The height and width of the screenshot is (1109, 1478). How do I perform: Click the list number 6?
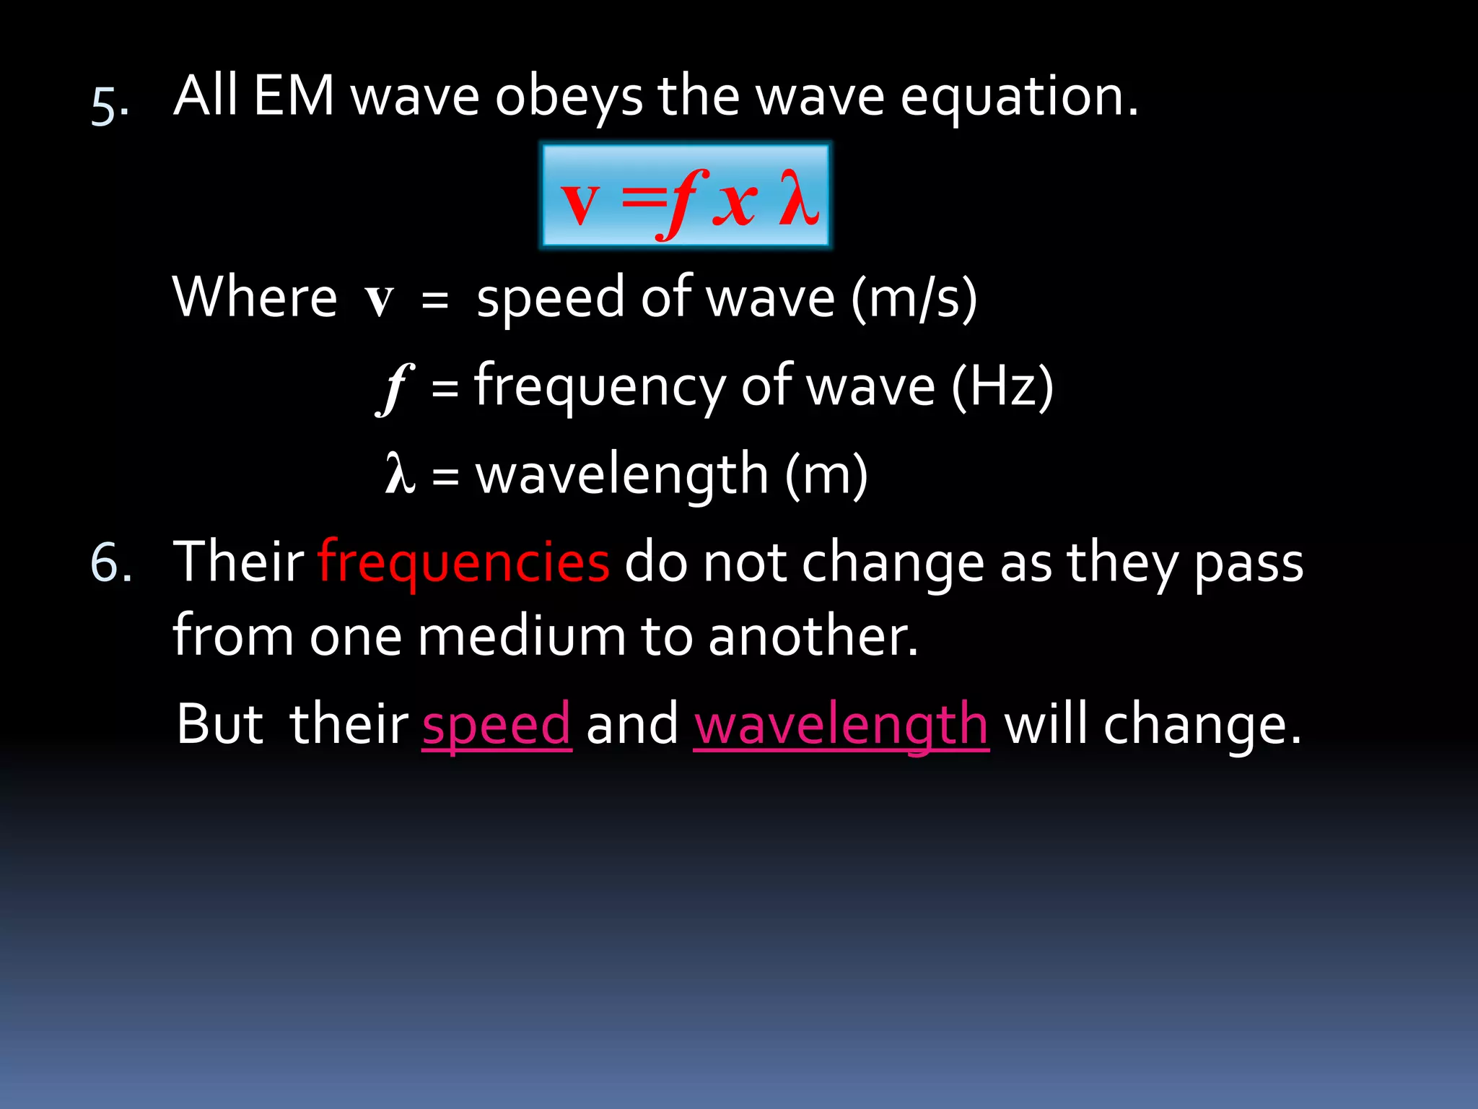tap(110, 562)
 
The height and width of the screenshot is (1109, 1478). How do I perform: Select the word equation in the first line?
tap(1018, 98)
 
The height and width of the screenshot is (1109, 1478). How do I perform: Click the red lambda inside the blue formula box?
tap(799, 197)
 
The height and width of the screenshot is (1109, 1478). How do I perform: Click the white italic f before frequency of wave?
tap(395, 388)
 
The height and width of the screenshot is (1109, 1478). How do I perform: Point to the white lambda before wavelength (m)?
tap(400, 474)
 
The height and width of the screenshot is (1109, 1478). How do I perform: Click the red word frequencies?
tap(463, 562)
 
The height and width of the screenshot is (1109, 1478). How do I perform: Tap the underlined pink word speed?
tap(497, 724)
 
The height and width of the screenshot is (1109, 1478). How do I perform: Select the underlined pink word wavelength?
tap(841, 724)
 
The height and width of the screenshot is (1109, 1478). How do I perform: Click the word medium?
tap(521, 636)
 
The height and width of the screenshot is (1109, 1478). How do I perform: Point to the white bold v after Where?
tap(380, 299)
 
